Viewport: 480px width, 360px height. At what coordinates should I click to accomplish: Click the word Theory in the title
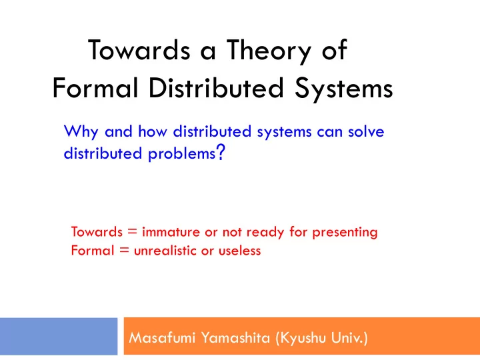coord(269,51)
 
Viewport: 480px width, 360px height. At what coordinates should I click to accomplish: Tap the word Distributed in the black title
coord(216,88)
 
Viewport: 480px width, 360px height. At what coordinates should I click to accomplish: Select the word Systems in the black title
coord(343,89)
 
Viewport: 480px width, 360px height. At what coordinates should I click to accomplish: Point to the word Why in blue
coord(81,132)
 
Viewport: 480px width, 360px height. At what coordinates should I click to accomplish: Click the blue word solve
coord(366,131)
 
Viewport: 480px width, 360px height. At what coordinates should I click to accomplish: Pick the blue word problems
coord(182,154)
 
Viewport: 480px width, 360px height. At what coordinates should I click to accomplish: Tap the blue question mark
coord(221,152)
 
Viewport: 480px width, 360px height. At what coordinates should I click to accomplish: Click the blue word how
coord(153,131)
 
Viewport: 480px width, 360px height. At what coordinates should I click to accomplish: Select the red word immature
coord(171,232)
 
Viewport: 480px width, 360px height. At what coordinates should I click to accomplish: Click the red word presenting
coord(345,233)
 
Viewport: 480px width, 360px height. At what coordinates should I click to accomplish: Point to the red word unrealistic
coord(165,251)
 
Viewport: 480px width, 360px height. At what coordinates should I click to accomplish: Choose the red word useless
coord(240,251)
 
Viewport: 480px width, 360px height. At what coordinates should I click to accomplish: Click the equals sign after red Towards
coord(132,231)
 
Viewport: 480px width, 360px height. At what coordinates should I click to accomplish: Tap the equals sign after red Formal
coord(125,251)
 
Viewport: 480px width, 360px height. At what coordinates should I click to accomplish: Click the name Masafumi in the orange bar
coord(162,337)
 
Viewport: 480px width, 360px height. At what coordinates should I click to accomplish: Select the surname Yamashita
coord(236,338)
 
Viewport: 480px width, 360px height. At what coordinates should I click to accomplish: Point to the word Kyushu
coord(301,339)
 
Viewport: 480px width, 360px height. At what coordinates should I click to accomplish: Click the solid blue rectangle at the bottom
coord(59,336)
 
